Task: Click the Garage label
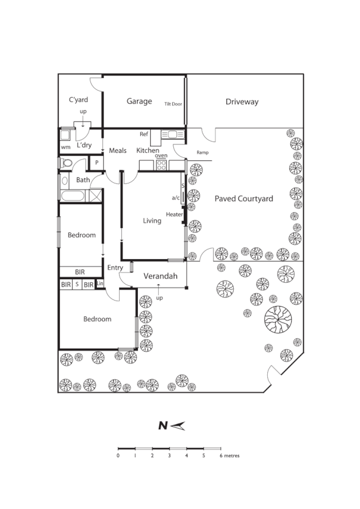point(139,101)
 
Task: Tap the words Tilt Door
point(173,104)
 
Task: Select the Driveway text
point(242,102)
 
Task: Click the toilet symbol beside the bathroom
point(66,163)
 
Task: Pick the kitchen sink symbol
point(172,134)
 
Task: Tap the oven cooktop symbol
point(162,164)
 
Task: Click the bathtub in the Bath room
point(73,195)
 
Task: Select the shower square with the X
point(95,195)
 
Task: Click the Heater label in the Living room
point(175,215)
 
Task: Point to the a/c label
point(176,198)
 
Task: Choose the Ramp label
point(203,152)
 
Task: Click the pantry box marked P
point(95,163)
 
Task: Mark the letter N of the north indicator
point(162,426)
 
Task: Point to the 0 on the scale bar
point(118,455)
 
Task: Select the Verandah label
point(160,277)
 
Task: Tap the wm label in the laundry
point(65,148)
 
